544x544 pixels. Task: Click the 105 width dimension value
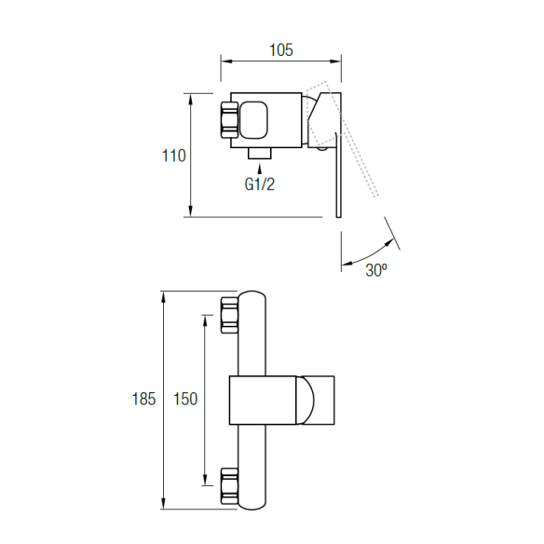(x=281, y=50)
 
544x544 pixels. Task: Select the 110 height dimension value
(x=174, y=156)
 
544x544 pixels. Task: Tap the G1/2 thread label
(x=260, y=184)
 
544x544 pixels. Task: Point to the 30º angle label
(x=376, y=269)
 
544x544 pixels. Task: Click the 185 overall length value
(x=143, y=399)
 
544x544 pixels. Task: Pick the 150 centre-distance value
(x=185, y=399)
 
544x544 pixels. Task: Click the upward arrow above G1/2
(x=260, y=169)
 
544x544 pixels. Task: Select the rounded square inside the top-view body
(x=253, y=120)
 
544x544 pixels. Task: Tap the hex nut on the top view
(x=229, y=119)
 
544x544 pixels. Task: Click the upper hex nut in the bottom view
(x=229, y=315)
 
